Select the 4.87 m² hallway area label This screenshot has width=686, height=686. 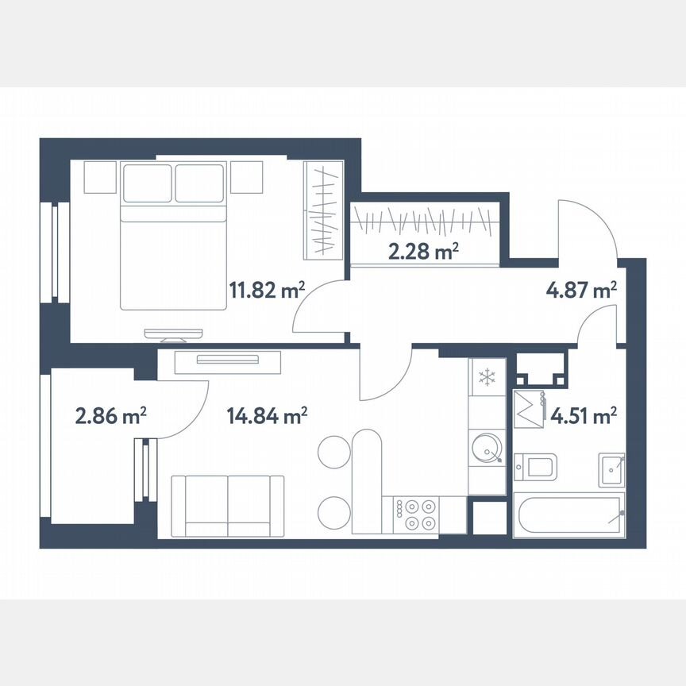(582, 290)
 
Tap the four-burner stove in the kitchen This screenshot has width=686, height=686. (416, 513)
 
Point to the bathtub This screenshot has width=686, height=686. (568, 514)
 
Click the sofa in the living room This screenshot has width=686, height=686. (228, 506)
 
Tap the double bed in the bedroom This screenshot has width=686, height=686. (174, 236)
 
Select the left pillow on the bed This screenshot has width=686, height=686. (148, 183)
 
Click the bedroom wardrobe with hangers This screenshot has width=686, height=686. (324, 209)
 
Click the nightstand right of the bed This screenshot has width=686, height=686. (246, 176)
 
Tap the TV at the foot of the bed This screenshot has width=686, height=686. (173, 333)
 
